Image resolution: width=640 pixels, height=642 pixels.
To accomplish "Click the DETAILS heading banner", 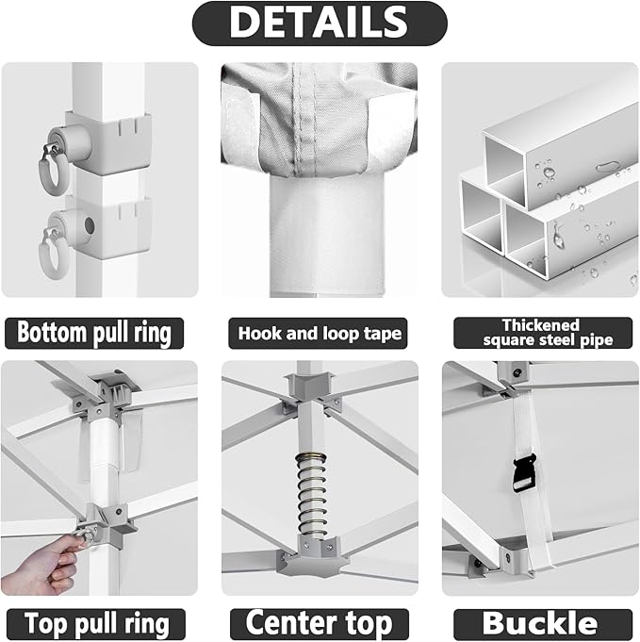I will click(320, 24).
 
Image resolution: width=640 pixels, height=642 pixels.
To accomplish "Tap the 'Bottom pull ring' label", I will click(94, 333).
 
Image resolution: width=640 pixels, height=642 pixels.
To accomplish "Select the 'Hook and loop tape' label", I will click(320, 333).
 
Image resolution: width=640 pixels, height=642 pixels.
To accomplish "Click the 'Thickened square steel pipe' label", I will click(540, 333).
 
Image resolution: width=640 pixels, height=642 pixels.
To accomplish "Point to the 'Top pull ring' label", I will click(97, 623).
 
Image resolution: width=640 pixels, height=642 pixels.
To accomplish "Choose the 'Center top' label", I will click(320, 623).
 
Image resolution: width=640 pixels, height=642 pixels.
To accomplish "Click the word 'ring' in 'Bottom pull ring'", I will click(153, 333).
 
